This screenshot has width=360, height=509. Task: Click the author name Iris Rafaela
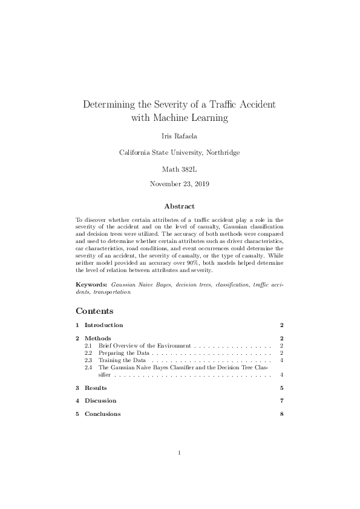pyautogui.click(x=180, y=136)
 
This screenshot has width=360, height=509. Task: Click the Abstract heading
pyautogui.click(x=180, y=206)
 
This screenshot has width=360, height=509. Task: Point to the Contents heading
pyautogui.click(x=94, y=311)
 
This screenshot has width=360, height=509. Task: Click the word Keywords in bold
pyautogui.click(x=92, y=284)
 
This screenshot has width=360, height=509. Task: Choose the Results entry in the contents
pyautogui.click(x=96, y=387)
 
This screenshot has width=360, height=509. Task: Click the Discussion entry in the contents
pyautogui.click(x=100, y=401)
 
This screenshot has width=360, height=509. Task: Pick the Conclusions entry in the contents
pyautogui.click(x=102, y=414)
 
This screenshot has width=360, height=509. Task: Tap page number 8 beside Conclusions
pyautogui.click(x=282, y=414)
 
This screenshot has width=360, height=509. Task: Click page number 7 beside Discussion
pyautogui.click(x=282, y=401)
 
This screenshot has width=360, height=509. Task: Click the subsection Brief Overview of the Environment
pyautogui.click(x=145, y=345)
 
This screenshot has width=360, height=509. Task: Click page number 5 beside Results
pyautogui.click(x=282, y=387)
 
